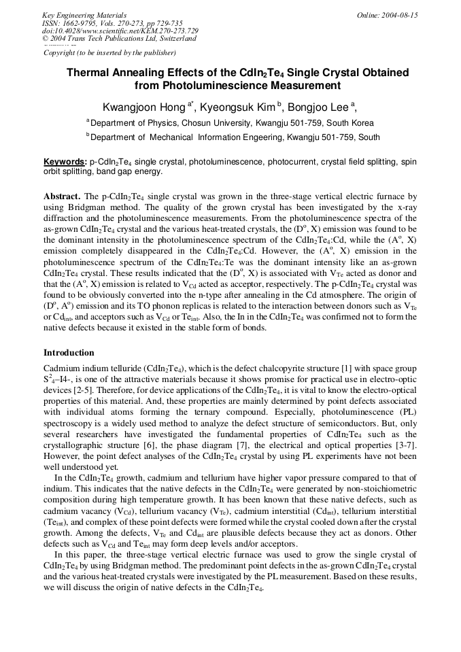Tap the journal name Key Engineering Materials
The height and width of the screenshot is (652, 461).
[x=84, y=15]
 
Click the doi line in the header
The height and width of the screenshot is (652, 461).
[x=120, y=31]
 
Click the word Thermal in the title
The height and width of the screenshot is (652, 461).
[x=88, y=72]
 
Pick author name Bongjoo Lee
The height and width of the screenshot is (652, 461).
[x=318, y=107]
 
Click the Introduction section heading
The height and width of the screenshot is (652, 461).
[x=69, y=353]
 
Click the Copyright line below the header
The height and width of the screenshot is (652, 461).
[x=109, y=52]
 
